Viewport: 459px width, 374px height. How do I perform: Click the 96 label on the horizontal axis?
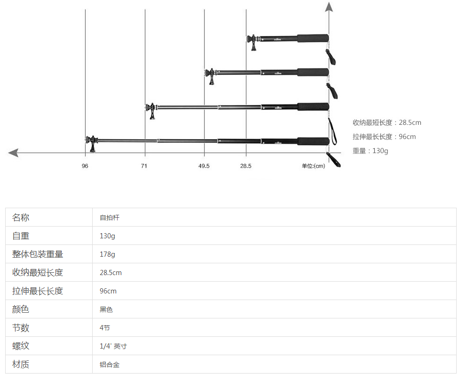85,166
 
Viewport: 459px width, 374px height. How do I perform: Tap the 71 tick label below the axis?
144,166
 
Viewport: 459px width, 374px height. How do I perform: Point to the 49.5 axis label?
204,166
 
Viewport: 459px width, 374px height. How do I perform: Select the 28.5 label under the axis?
246,166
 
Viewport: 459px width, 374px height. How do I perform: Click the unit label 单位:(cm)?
314,166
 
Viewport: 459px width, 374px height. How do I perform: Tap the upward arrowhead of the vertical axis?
329,7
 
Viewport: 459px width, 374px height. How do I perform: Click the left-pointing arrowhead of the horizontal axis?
13,153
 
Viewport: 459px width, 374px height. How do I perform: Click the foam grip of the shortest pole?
313,38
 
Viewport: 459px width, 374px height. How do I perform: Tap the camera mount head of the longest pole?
91,143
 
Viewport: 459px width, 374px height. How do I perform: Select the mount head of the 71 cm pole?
151,110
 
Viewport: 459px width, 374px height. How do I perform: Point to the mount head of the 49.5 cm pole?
211,76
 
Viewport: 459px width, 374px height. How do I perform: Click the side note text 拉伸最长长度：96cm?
384,137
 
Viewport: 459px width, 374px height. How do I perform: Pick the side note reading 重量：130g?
370,151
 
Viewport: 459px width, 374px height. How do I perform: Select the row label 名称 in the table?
21,218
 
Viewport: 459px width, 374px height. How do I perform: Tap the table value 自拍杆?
110,218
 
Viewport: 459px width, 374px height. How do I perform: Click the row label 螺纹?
21,346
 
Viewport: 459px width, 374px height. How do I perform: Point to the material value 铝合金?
110,365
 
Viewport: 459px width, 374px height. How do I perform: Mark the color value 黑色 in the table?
106,309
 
